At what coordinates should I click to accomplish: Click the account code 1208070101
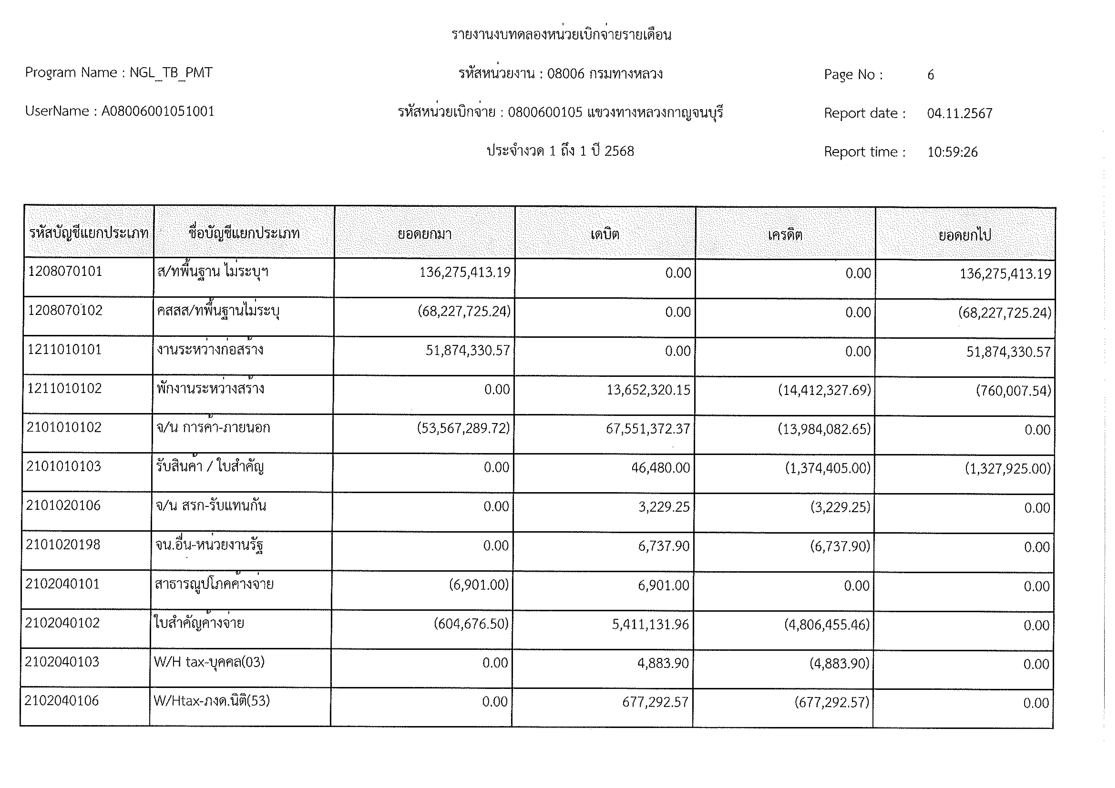(65, 271)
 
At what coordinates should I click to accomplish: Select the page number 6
(931, 75)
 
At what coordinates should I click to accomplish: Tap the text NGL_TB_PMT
(171, 73)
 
